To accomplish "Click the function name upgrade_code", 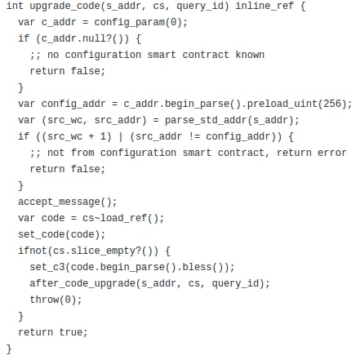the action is coord(65,6).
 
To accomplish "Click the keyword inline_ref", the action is coord(264,6).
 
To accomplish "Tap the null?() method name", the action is coord(97,38).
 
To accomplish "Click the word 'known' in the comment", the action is coord(250,55).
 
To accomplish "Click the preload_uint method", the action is coord(282,104).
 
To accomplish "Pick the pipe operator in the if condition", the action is coord(121,136).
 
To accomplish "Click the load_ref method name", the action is coord(123,218).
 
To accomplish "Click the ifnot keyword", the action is coord(33,251).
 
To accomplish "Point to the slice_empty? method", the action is coord(106,251).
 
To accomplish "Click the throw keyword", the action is coord(44,300).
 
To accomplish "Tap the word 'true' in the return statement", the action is coord(71,332).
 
